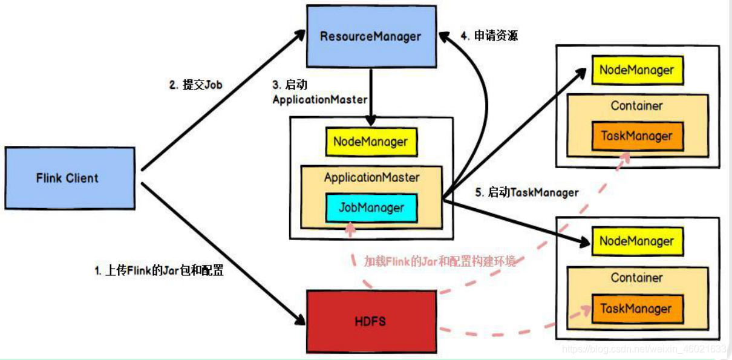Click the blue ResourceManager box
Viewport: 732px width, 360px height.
pos(370,36)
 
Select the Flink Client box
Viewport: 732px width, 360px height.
pos(70,178)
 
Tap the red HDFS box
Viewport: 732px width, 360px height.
pos(370,321)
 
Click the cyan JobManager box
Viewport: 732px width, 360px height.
pos(371,208)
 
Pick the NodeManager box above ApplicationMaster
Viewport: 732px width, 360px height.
pos(371,142)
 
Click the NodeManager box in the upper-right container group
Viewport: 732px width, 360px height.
pos(636,70)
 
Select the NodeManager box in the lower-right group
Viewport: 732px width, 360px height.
pos(636,241)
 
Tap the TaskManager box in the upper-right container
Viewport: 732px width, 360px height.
pos(636,136)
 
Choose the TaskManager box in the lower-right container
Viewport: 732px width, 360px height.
pos(636,309)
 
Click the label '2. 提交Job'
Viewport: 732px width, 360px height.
pos(195,85)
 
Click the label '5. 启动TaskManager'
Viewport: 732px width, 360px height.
pos(526,193)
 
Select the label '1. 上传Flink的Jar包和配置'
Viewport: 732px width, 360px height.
pos(159,271)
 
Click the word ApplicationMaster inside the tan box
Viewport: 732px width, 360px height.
pos(371,178)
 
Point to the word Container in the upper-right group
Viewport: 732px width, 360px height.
pos(636,106)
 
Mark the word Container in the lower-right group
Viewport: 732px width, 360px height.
pos(636,278)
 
